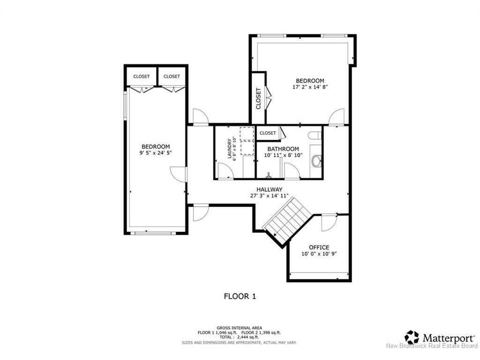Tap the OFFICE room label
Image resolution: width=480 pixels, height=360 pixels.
(x=319, y=247)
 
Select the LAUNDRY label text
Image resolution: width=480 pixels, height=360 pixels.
(x=230, y=148)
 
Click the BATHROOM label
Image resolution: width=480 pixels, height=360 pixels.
(x=283, y=149)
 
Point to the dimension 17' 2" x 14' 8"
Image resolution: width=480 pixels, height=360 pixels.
(x=307, y=87)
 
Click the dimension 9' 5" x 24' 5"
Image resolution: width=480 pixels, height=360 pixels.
(x=156, y=153)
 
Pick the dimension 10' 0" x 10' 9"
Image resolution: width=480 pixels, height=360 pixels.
(x=319, y=254)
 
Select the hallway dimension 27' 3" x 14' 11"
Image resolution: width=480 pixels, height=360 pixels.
(x=269, y=196)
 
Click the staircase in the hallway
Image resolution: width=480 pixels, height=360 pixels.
(x=287, y=221)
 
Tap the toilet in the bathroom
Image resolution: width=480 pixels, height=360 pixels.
(x=315, y=135)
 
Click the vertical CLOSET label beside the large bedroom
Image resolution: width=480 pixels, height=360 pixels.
(x=258, y=98)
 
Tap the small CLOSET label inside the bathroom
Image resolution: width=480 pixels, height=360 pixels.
(x=268, y=133)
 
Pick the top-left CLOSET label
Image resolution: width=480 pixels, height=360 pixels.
(x=141, y=76)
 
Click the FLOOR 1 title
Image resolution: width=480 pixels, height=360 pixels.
(x=240, y=296)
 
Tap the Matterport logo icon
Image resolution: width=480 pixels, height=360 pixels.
(x=412, y=337)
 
